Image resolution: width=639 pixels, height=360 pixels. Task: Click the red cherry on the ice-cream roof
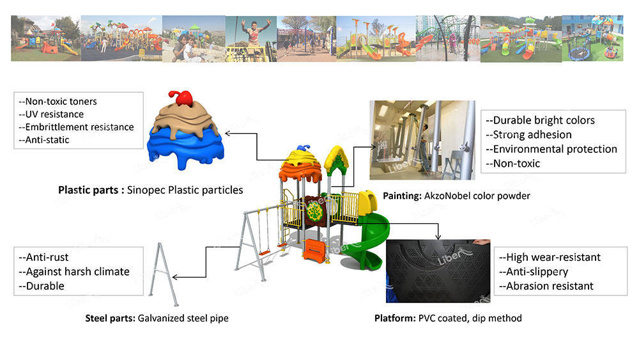(181, 98)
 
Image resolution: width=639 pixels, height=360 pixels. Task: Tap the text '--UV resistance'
(51, 114)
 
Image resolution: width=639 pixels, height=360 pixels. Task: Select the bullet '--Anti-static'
(43, 140)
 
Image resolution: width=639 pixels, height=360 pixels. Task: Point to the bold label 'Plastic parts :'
(91, 190)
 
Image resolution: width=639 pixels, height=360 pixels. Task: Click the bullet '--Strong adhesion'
(528, 134)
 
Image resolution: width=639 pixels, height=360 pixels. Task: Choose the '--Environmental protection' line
(551, 149)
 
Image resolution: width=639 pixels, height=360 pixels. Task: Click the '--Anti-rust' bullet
(43, 257)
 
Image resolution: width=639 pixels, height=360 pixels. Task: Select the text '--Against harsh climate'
(73, 272)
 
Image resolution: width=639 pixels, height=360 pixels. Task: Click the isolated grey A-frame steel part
(164, 274)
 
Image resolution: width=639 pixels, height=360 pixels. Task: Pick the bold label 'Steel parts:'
(110, 318)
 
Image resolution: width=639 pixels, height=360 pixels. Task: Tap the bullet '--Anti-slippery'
(534, 272)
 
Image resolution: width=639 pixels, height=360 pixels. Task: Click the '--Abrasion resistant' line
(546, 286)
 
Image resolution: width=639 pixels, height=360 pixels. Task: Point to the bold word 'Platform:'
(395, 318)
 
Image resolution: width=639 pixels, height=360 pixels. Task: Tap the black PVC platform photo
(438, 271)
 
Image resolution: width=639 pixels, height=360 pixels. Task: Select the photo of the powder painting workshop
(422, 140)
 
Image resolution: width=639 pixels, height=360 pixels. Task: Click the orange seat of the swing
(265, 253)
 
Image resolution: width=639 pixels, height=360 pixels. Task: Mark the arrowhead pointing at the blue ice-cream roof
(227, 133)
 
